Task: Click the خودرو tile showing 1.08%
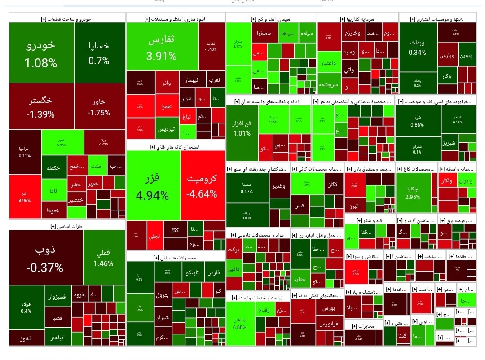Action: click(x=41, y=53)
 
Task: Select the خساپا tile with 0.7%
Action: click(x=99, y=53)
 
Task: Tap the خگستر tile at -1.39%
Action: click(x=41, y=107)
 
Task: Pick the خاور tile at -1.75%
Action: click(x=99, y=107)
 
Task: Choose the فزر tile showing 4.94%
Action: click(x=153, y=186)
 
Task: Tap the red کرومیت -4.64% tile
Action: click(x=202, y=186)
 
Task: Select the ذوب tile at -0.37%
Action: click(x=45, y=258)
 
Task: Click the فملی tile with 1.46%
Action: click(x=103, y=258)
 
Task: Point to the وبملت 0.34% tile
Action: click(x=418, y=47)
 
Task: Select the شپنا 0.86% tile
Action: click(x=417, y=121)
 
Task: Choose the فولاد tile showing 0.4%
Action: click(x=26, y=308)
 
